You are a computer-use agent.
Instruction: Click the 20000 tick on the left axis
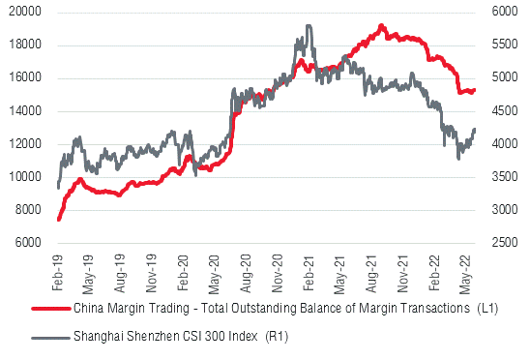[24, 12]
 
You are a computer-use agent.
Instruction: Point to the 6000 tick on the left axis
[27, 243]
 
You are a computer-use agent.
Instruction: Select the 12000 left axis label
[24, 144]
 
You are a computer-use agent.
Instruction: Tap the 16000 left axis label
[24, 78]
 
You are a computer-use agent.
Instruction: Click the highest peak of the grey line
[308, 26]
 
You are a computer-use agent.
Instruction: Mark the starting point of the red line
[58, 220]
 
